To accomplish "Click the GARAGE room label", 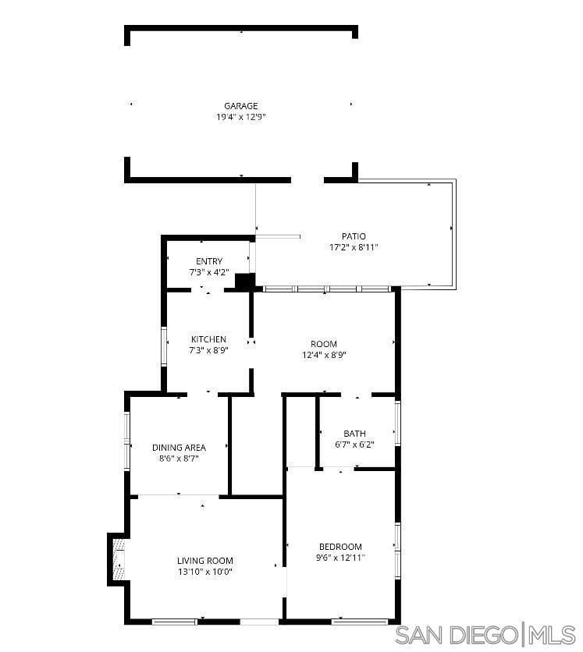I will [x=240, y=106].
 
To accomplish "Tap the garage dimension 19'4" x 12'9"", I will [x=240, y=117].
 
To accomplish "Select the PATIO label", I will [x=353, y=236].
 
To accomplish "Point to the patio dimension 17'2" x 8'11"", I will [x=353, y=247].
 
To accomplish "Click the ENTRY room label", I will [x=209, y=261].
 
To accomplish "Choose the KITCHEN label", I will [x=208, y=339].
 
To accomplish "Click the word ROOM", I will [x=324, y=344].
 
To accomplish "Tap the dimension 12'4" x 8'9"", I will [x=324, y=355].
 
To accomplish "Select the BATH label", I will [x=354, y=434].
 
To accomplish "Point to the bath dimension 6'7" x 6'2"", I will [x=354, y=445].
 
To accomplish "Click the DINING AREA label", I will [x=179, y=448].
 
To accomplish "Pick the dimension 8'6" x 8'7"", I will [x=179, y=459].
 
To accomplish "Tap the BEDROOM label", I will [x=340, y=547].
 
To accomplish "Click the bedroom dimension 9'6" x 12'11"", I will [x=340, y=558].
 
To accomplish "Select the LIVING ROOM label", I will [x=204, y=561].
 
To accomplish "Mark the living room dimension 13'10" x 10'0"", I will [x=204, y=572].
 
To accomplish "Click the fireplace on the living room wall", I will [x=117, y=558].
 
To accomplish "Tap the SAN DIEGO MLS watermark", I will [x=485, y=635].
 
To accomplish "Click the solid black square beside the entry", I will [x=244, y=282].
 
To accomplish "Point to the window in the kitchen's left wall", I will [x=164, y=346].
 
